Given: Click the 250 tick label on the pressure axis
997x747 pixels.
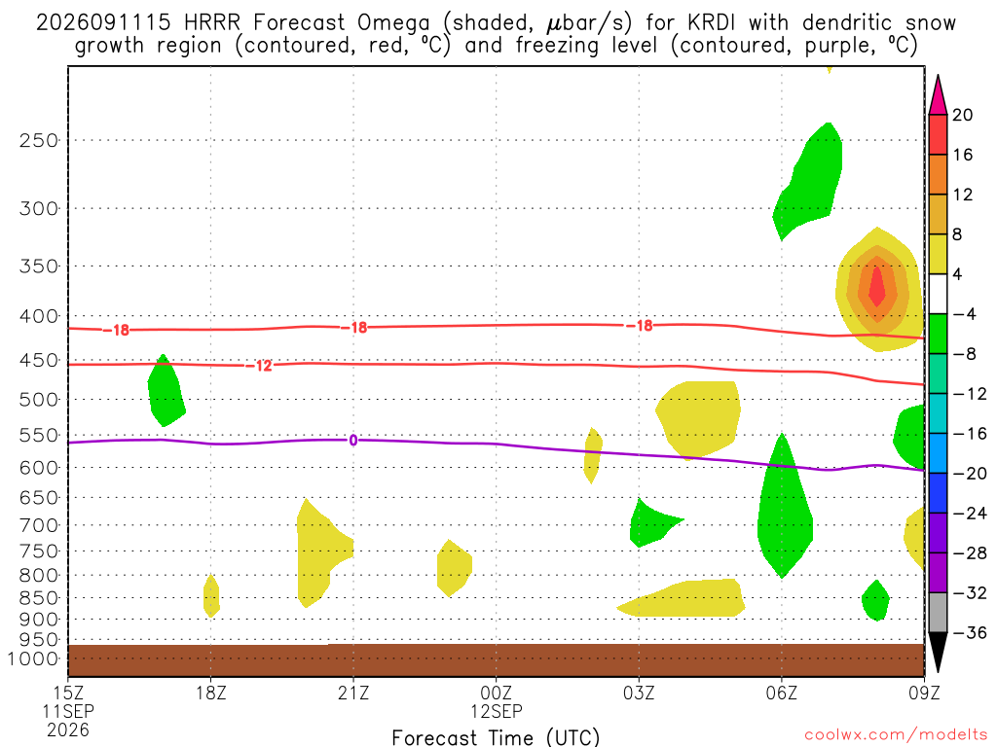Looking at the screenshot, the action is click(39, 140).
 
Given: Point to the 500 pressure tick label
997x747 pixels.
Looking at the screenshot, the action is click(39, 400).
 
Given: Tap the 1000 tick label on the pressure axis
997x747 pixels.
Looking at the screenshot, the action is click(33, 659).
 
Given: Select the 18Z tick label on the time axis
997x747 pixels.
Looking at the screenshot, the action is click(211, 693).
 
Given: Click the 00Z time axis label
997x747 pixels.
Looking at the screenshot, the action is click(496, 693).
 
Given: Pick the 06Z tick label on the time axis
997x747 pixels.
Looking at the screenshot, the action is click(782, 693).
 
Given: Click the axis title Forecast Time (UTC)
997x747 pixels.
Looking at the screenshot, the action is click(496, 737).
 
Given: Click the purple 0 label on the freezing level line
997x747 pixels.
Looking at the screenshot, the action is click(352, 441).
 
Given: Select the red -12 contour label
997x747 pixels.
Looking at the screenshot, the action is click(259, 366).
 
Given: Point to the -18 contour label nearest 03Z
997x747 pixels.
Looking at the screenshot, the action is click(640, 326).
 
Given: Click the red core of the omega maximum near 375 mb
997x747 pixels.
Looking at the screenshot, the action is click(877, 287).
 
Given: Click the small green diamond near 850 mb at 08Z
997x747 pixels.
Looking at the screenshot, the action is click(875, 600).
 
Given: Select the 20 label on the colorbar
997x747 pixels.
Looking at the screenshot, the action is click(963, 115).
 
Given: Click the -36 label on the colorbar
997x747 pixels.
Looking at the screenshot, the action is click(970, 632).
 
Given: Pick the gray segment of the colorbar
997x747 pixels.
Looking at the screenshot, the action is click(938, 613).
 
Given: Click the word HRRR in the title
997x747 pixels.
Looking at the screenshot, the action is click(212, 23).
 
